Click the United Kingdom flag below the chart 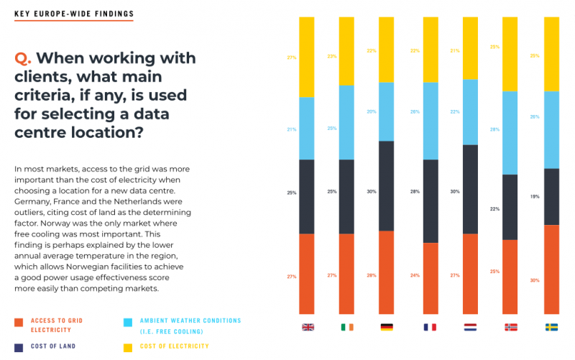tap(308, 327)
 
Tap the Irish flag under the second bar tap(347, 327)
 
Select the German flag tap(387, 327)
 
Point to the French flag tap(430, 327)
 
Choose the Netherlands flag tap(470, 327)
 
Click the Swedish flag tap(551, 327)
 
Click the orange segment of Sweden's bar tap(551, 269)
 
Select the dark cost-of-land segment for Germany tap(387, 185)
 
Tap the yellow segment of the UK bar tap(307, 57)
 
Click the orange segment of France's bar tap(430, 278)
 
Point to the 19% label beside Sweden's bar tap(534, 196)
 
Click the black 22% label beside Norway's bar tap(494, 209)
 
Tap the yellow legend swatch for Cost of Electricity tap(128, 346)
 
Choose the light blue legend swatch tap(128, 322)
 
